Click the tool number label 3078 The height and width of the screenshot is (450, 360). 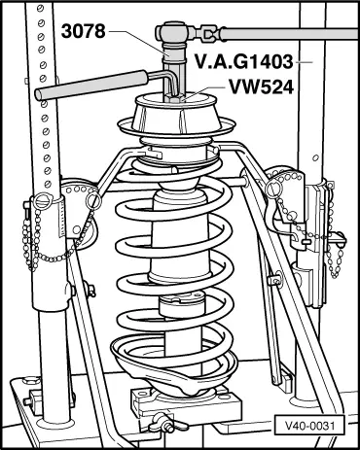84,31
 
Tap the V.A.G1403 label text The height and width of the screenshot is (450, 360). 244,61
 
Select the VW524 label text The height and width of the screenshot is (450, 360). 262,87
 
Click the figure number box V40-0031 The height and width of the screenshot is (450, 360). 309,425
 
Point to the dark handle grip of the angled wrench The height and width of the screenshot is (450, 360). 91,85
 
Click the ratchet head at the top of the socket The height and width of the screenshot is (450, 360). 175,32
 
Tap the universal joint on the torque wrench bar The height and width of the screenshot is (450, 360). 209,34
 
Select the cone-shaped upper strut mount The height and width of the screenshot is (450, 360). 176,114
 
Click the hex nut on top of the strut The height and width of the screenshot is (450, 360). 174,98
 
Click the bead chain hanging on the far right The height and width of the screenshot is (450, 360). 334,260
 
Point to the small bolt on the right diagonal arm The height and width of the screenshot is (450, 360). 275,280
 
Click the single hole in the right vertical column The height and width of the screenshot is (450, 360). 315,158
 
